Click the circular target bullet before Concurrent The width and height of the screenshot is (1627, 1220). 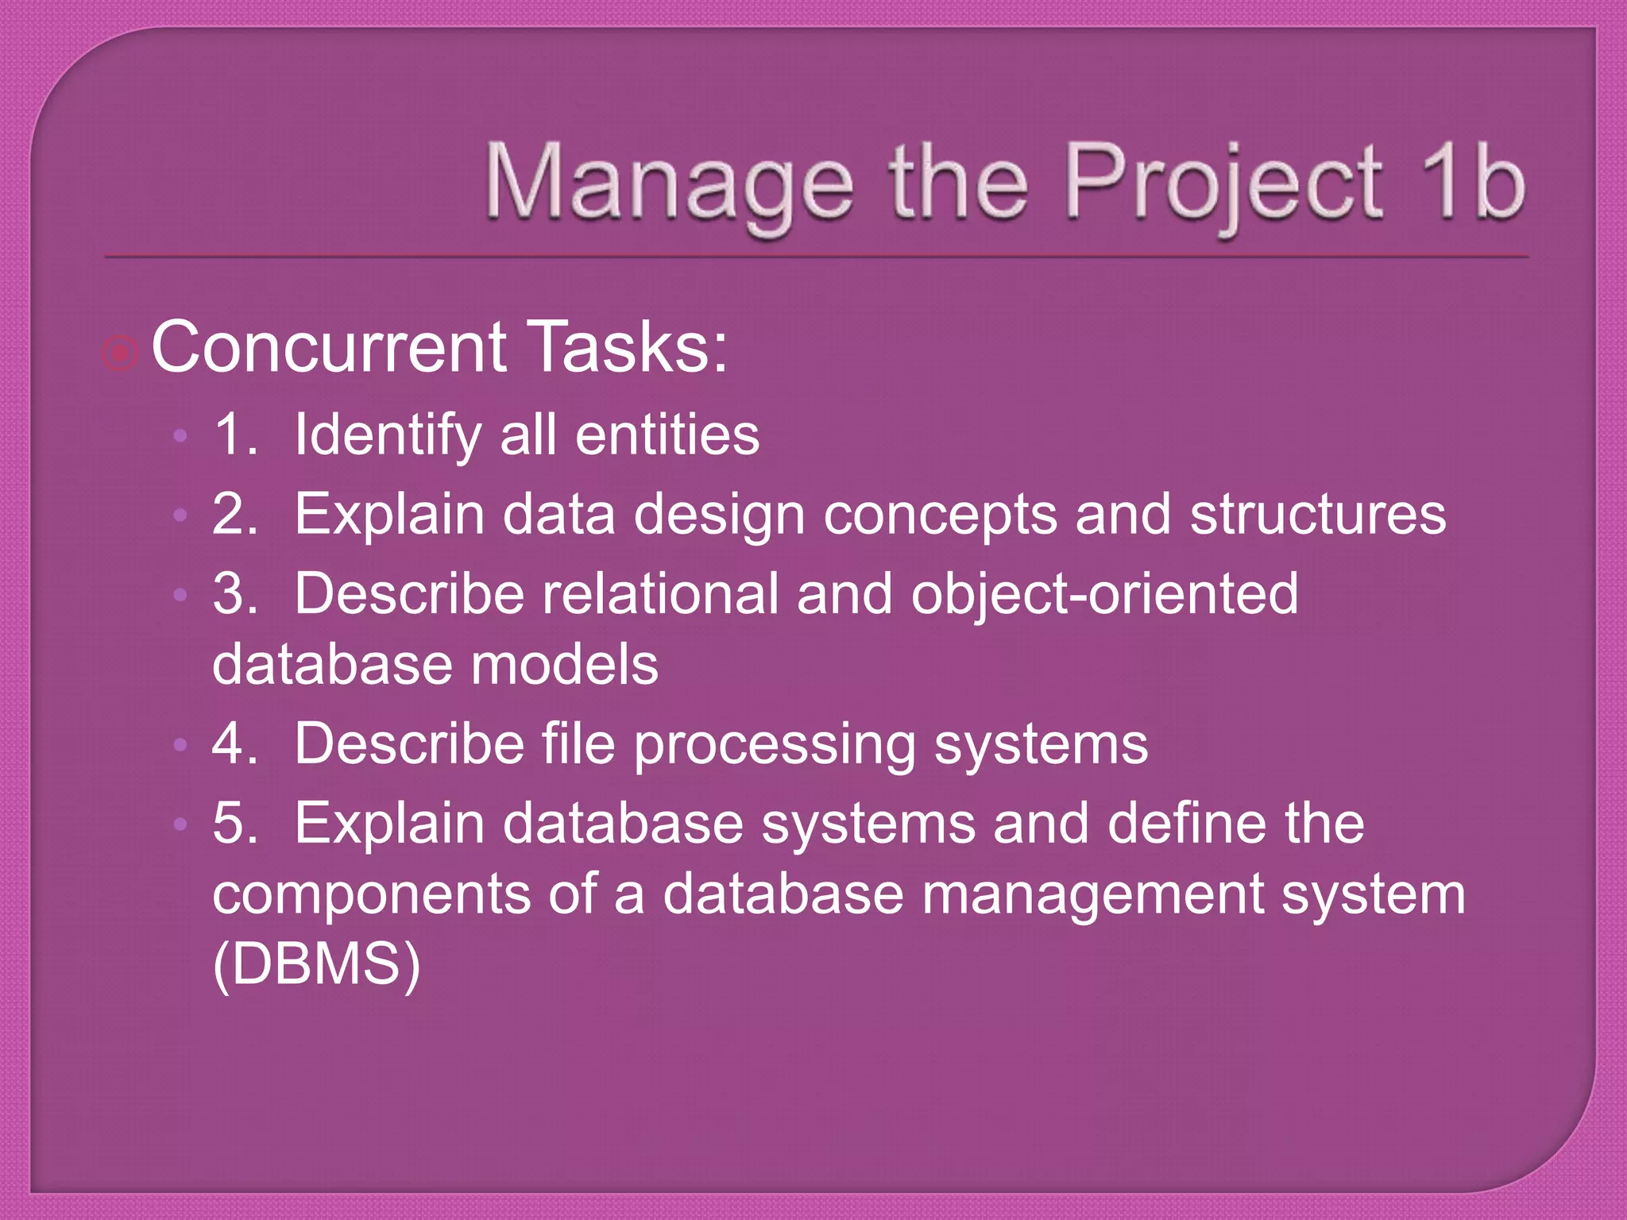click(x=121, y=353)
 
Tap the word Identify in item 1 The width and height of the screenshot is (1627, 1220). click(x=388, y=436)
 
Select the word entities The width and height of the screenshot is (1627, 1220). click(x=667, y=435)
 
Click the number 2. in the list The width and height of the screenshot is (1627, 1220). click(x=235, y=514)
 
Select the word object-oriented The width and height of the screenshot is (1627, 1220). click(x=1104, y=595)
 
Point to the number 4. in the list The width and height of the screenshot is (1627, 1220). click(x=235, y=744)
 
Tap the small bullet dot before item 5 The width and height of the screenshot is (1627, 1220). click(x=180, y=824)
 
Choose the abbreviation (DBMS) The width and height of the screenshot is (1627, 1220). click(x=317, y=963)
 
